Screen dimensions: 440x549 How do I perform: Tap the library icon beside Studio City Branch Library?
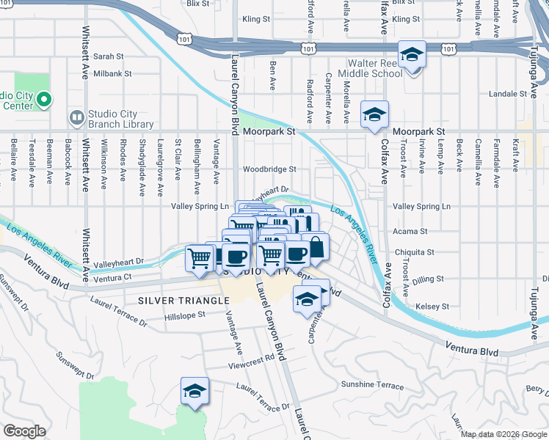point(76,117)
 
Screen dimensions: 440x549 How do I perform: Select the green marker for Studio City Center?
point(45,98)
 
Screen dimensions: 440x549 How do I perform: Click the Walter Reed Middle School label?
point(376,68)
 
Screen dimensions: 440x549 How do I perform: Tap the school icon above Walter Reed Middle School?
point(412,55)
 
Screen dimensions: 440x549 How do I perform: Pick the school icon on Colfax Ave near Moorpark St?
point(374,116)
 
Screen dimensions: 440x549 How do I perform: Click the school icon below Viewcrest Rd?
point(194,392)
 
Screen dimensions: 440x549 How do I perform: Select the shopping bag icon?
point(316,248)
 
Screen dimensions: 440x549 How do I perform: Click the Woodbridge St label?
point(269,169)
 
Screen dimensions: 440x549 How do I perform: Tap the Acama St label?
point(410,231)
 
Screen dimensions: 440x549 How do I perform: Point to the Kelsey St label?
point(432,307)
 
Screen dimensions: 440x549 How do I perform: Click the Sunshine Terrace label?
point(371,385)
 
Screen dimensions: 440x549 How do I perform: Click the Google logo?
point(24,431)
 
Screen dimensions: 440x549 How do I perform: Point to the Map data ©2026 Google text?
point(503,434)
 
